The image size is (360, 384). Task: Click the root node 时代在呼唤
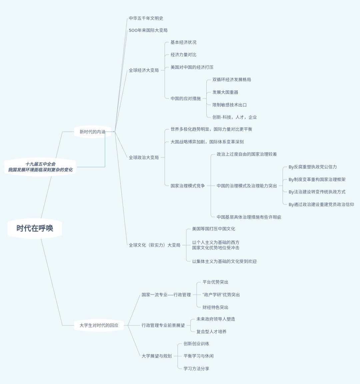[35, 228]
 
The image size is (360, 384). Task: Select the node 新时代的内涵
[92, 132]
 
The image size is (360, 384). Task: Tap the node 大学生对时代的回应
[99, 325]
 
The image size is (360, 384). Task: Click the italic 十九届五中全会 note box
[40, 167]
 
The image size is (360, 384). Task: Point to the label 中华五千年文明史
[146, 18]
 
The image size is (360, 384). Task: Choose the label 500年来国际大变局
[148, 30]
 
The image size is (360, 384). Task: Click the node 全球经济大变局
[144, 70]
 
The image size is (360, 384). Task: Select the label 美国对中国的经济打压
[192, 67]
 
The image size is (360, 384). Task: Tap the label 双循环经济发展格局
[232, 80]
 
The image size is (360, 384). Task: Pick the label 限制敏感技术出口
[230, 105]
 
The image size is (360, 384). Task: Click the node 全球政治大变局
[144, 158]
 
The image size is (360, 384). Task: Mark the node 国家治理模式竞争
[188, 186]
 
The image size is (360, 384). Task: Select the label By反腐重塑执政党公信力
[313, 167]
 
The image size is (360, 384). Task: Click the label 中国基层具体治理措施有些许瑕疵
[249, 217]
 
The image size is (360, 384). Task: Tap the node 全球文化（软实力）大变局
[154, 245]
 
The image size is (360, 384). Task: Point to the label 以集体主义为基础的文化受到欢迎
[224, 261]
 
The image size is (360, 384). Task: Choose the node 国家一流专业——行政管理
[166, 295]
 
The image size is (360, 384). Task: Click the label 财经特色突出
[215, 307]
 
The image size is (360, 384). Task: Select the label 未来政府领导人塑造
[216, 319]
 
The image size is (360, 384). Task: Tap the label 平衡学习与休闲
[198, 356]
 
